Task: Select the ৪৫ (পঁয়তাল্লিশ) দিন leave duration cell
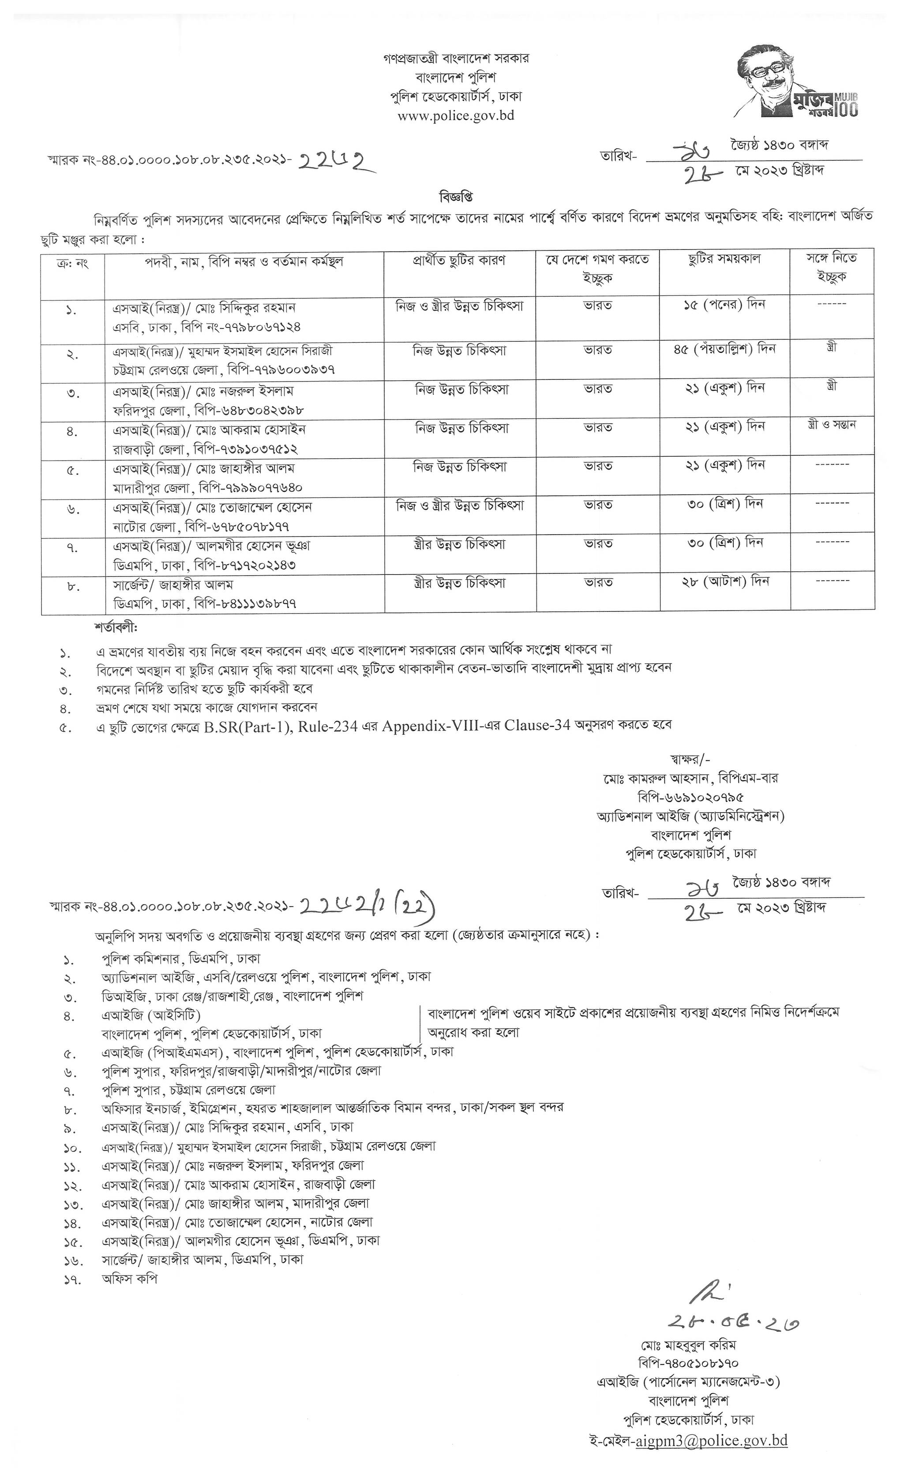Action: [724, 349]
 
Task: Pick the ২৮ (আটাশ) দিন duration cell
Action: [724, 582]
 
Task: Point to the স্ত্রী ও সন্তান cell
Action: [832, 425]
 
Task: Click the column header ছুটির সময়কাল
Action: [724, 259]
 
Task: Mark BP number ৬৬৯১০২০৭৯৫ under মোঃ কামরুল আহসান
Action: [690, 797]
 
